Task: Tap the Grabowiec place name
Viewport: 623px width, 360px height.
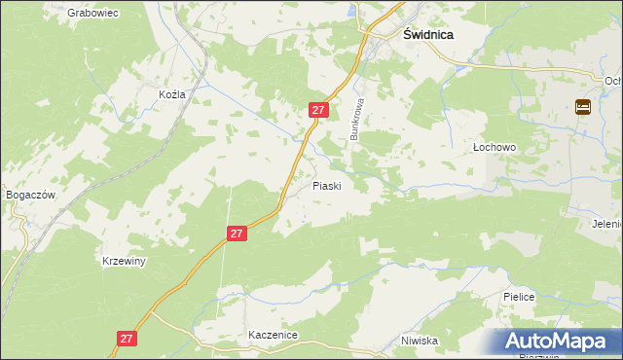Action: [x=93, y=14]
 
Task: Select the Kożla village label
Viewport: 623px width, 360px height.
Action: [x=171, y=94]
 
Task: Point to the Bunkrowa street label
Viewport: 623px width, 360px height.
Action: [x=357, y=119]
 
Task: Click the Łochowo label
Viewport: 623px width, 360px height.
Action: [x=494, y=147]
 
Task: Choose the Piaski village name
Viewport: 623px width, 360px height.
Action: [x=326, y=186]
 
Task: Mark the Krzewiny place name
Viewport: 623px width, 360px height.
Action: [x=124, y=262]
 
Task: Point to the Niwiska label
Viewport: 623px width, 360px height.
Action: [x=421, y=342]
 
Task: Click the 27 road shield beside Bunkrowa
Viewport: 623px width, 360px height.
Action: [x=317, y=111]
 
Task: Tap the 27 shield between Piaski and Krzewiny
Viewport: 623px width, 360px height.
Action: [x=238, y=234]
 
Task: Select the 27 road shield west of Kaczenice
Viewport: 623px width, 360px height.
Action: [x=127, y=338]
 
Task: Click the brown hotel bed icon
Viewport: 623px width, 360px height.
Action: [x=583, y=107]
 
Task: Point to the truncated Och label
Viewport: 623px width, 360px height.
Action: [x=612, y=82]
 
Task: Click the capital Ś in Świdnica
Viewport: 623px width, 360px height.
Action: [x=409, y=32]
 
